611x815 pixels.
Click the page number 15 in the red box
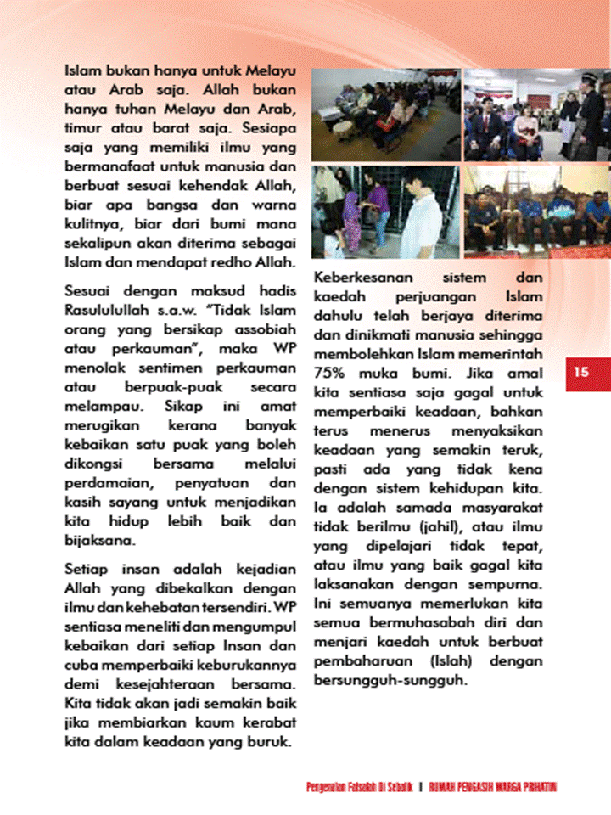click(580, 372)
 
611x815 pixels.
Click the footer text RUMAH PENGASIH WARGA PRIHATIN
click(493, 787)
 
